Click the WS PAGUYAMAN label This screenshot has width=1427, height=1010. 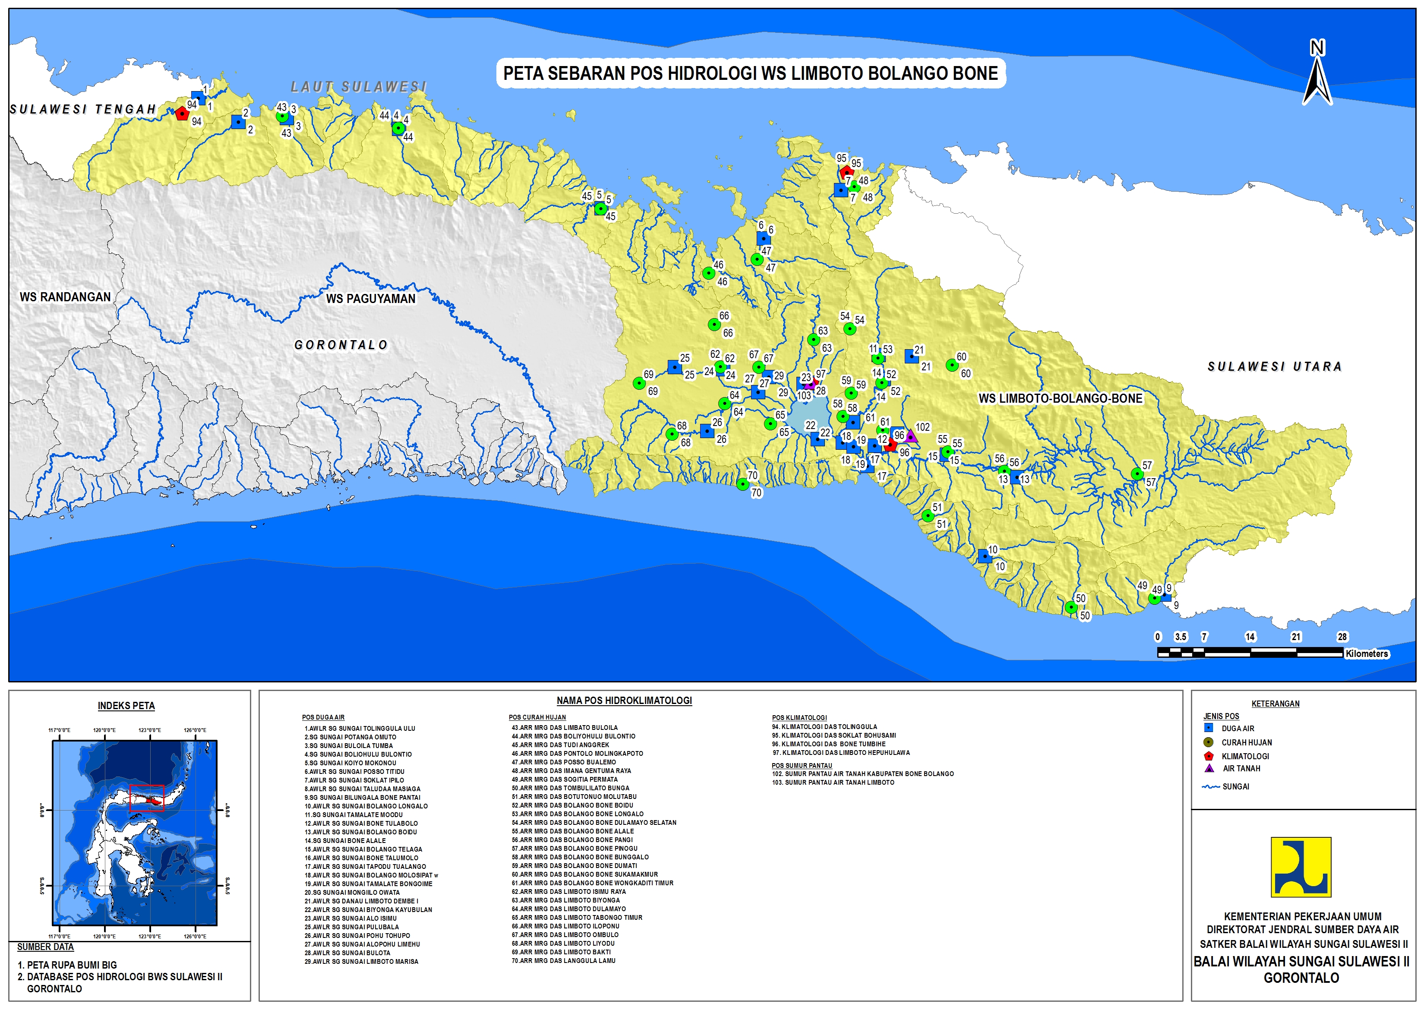tap(371, 299)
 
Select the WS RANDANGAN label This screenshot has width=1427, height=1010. tap(65, 297)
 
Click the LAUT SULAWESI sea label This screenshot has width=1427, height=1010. tap(359, 86)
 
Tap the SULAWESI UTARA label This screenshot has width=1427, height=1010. tap(1275, 367)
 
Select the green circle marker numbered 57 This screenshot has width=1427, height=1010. tap(1137, 474)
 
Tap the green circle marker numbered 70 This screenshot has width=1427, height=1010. tap(742, 484)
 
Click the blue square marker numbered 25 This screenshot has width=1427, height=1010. tap(675, 367)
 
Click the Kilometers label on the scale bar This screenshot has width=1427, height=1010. tap(1367, 653)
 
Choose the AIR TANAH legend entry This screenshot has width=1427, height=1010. tap(1241, 769)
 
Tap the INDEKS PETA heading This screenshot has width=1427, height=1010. tap(126, 706)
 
